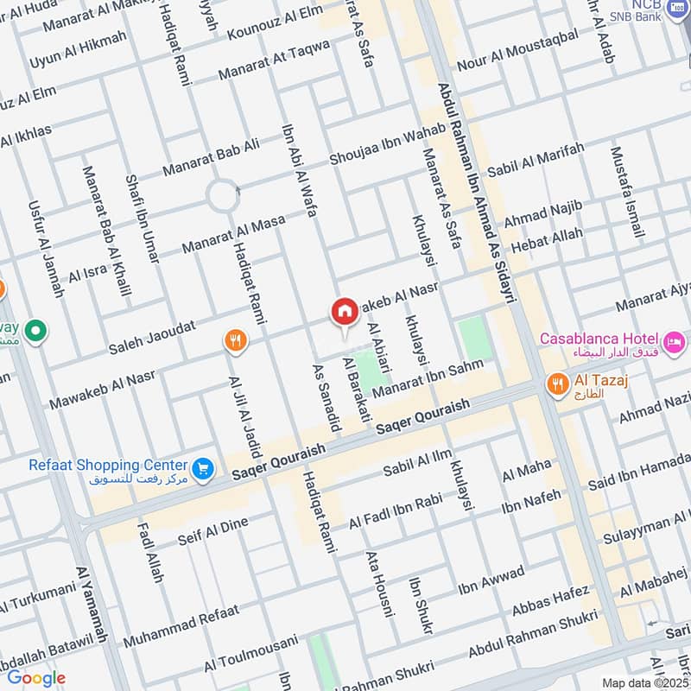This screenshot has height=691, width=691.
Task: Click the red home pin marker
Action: tap(344, 312)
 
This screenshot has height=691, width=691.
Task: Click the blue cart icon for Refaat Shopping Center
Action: tap(203, 467)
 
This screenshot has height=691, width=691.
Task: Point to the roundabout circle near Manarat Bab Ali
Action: tap(223, 196)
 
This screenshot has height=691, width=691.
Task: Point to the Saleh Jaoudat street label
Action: tap(153, 338)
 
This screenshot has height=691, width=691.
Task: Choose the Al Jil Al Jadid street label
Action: tap(245, 415)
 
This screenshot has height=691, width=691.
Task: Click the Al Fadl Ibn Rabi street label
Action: tap(395, 511)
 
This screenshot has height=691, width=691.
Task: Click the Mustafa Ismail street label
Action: tap(627, 192)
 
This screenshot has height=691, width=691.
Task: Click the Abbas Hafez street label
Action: tap(550, 602)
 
